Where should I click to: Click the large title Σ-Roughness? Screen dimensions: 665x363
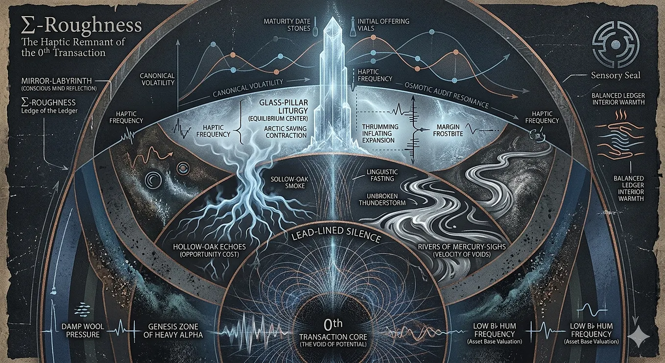click(x=81, y=25)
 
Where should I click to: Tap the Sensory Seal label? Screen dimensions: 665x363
click(x=616, y=75)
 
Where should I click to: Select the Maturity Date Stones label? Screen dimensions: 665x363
click(x=287, y=25)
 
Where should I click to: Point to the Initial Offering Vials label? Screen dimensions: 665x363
click(x=383, y=25)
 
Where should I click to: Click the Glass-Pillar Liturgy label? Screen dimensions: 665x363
click(x=284, y=110)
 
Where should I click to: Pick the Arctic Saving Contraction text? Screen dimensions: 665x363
click(x=285, y=132)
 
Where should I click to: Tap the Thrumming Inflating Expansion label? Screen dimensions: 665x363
click(x=380, y=133)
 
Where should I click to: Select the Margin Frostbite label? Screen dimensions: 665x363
click(x=448, y=130)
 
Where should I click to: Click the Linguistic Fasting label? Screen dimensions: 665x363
click(x=382, y=175)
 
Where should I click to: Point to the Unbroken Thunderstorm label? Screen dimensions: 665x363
click(x=382, y=199)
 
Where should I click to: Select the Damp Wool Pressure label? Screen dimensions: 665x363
click(x=83, y=331)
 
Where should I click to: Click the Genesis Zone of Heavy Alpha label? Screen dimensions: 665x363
click(x=173, y=331)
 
